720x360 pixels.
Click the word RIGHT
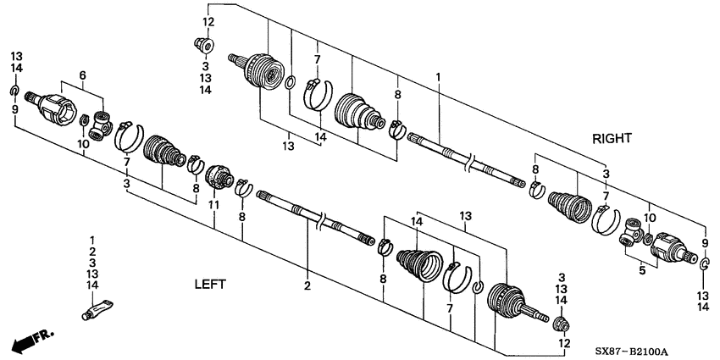(612, 137)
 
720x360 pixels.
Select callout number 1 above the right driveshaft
(438, 77)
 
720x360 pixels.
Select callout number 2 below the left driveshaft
(307, 286)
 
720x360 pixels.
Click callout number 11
(213, 206)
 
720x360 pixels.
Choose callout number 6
(82, 75)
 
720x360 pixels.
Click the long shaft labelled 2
(315, 222)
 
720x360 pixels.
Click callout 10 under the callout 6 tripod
(83, 145)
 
